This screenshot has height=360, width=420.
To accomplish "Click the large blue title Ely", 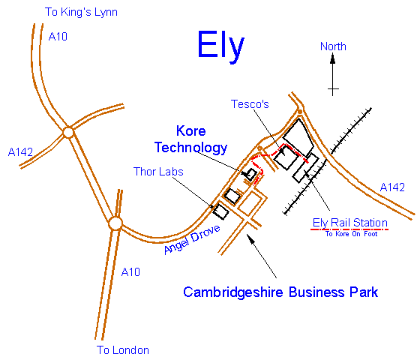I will point(220,46).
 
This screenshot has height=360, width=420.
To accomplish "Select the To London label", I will point(123,349).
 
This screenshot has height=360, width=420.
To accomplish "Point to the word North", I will point(333,46).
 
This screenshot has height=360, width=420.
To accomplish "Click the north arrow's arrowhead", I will point(333,61).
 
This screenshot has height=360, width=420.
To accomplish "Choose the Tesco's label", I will point(250,105).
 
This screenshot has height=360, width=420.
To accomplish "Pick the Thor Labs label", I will point(158,172).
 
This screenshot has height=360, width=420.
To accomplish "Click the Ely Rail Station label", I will point(350,223).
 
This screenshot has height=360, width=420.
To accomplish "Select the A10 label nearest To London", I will point(130,271).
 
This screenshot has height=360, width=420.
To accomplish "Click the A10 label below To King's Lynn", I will point(58,36).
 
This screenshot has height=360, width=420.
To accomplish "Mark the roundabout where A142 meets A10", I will point(68,133).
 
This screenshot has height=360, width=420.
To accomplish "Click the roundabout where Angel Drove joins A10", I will point(115,223).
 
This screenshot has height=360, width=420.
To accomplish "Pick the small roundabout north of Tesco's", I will point(299,112).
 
